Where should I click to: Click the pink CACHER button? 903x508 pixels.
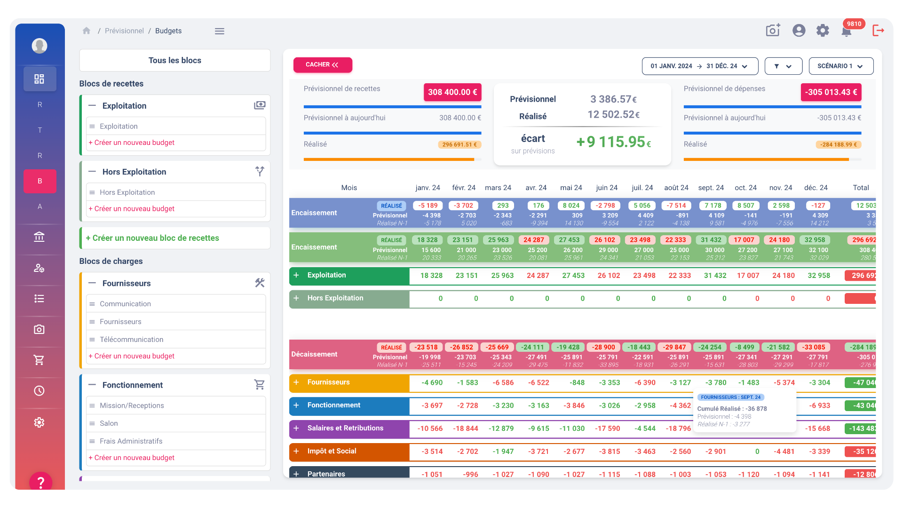(323, 65)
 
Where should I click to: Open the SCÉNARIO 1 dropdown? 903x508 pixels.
(840, 66)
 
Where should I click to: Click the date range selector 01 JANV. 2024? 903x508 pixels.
(699, 66)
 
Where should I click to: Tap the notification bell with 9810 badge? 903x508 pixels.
(846, 32)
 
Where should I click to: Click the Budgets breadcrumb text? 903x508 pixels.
(168, 31)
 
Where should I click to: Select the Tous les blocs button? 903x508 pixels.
(174, 60)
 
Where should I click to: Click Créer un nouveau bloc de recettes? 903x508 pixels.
(152, 238)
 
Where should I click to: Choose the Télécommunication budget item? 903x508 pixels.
(131, 340)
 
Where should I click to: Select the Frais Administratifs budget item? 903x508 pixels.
(131, 441)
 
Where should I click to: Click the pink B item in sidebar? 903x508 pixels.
(40, 181)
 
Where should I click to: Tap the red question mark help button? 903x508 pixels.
(40, 482)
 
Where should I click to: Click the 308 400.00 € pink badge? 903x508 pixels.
(452, 92)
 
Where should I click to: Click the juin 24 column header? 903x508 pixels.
(606, 188)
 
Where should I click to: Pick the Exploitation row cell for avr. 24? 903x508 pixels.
(538, 276)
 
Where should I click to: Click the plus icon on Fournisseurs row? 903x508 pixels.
(296, 382)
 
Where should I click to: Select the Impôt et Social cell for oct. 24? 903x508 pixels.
(757, 452)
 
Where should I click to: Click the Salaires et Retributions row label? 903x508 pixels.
(345, 428)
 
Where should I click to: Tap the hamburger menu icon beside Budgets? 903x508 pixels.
(220, 31)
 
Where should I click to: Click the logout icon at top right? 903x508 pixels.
(878, 31)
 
